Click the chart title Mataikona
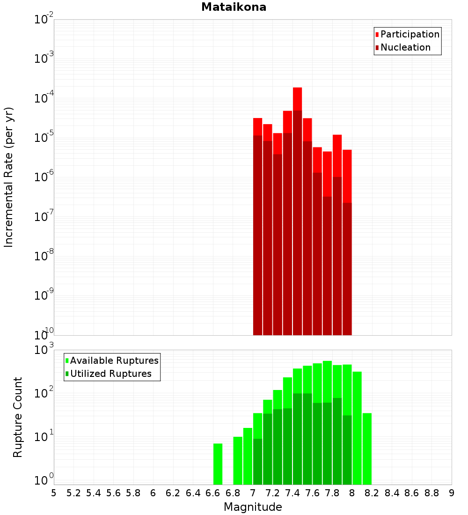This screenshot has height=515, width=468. point(234,7)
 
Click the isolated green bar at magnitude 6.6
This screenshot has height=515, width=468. point(218,463)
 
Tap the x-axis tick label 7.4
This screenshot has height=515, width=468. point(292,493)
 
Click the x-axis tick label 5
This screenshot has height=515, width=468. point(54,493)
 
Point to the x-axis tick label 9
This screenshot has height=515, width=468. point(452,493)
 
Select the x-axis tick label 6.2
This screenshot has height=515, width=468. point(173,493)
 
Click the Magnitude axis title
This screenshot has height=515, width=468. point(253,507)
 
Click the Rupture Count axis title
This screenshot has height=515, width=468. point(18,417)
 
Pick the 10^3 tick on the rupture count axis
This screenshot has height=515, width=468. point(44,350)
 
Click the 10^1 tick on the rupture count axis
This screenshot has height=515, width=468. point(44,438)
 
